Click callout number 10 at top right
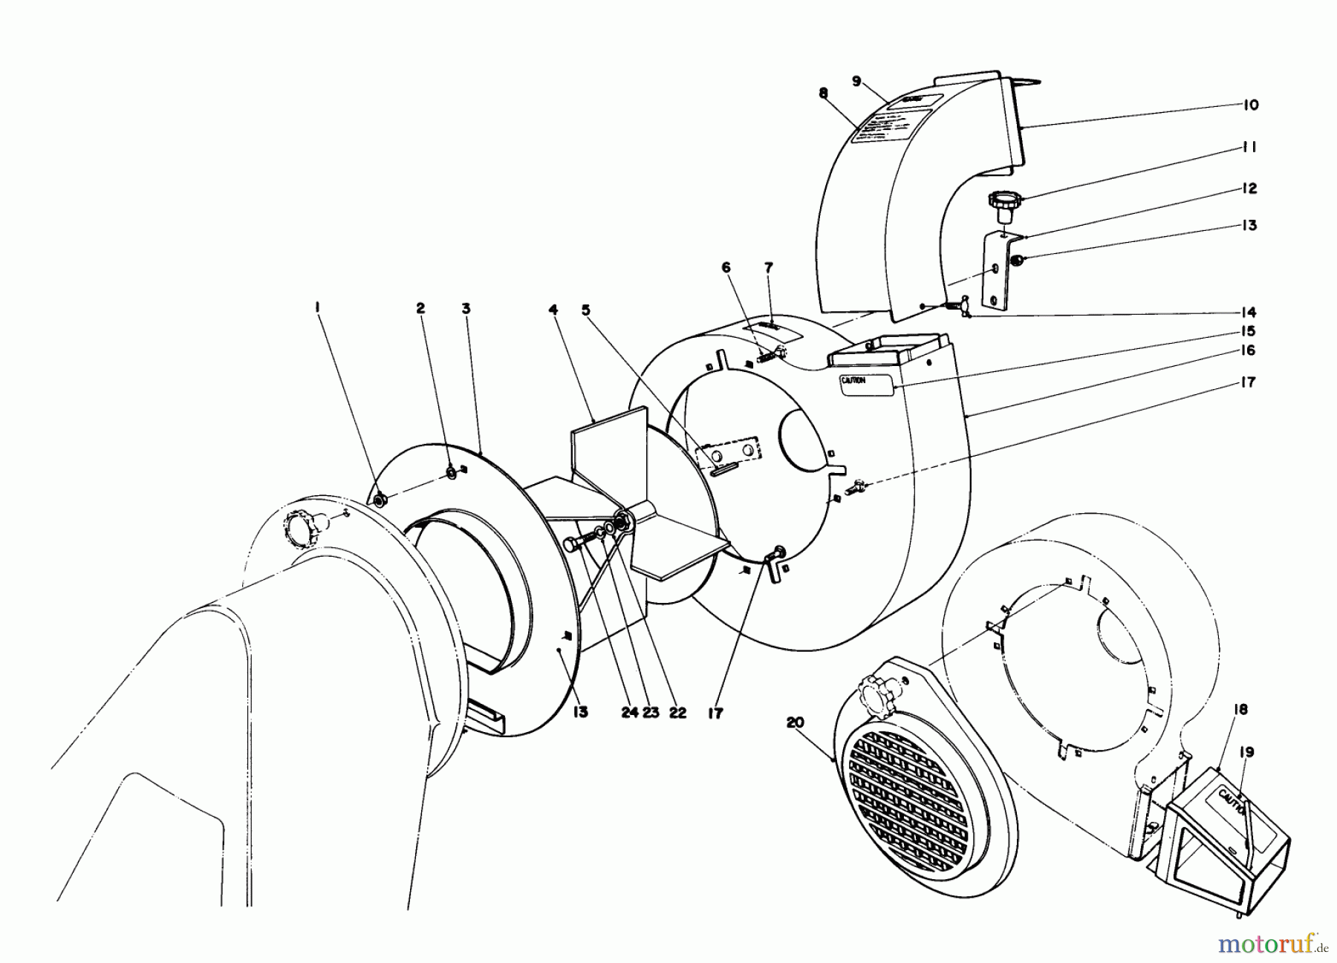[x=1250, y=105]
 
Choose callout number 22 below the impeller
[x=677, y=712]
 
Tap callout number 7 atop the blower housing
[x=768, y=287]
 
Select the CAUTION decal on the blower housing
[x=865, y=384]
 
